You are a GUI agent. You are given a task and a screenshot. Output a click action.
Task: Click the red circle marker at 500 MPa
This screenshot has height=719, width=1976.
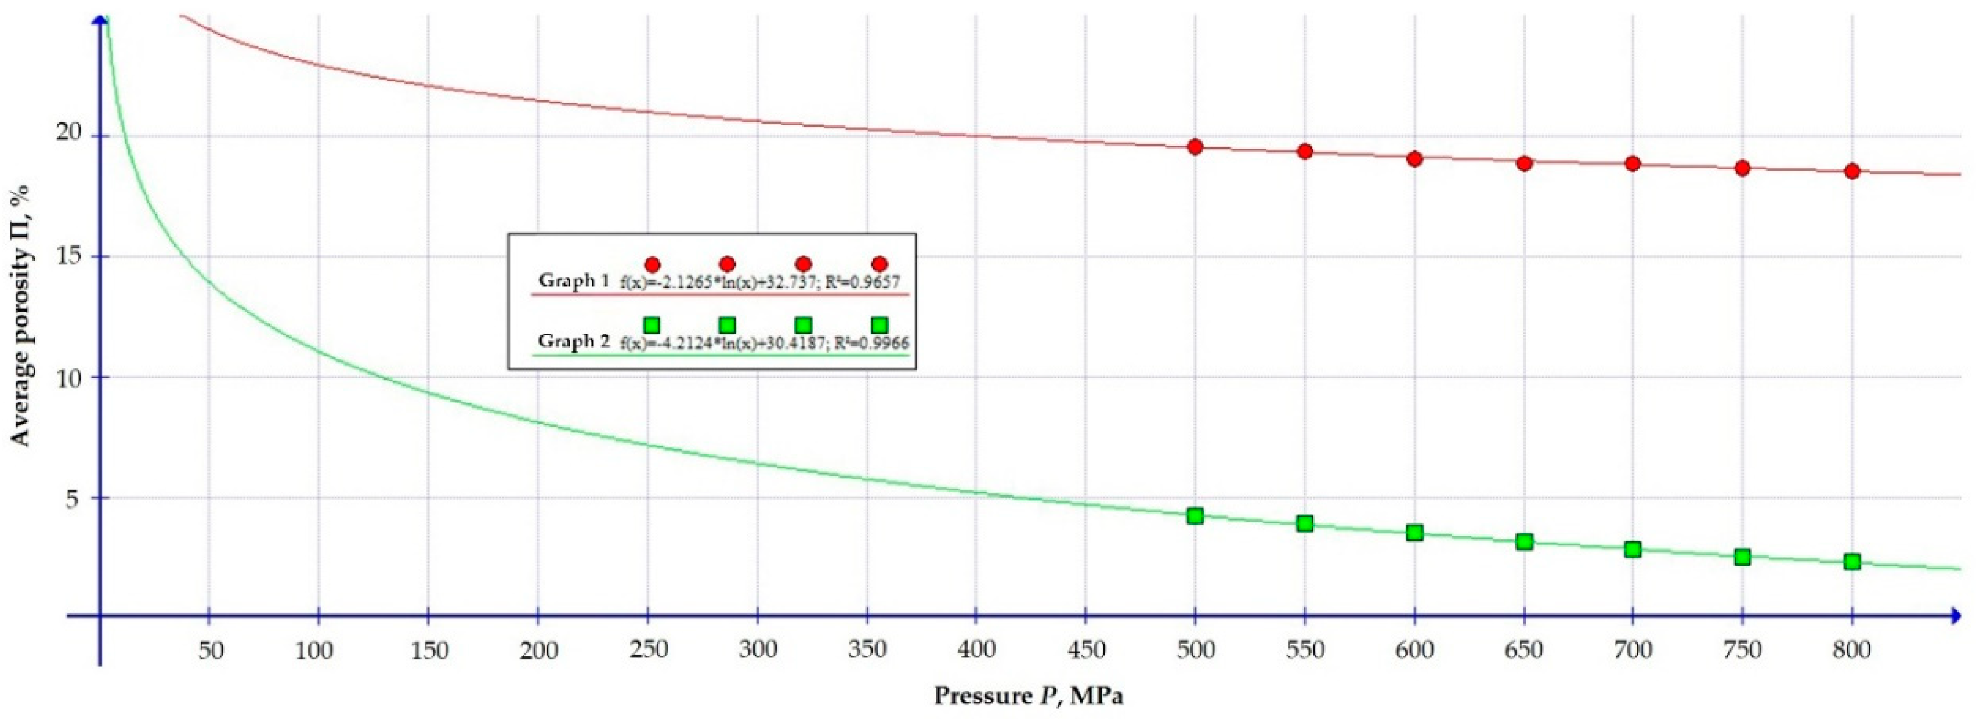click(x=1195, y=147)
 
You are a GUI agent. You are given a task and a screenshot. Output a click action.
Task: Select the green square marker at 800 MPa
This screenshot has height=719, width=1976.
click(x=1852, y=561)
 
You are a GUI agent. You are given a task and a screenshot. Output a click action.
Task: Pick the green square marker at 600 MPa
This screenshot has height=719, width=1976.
click(x=1414, y=533)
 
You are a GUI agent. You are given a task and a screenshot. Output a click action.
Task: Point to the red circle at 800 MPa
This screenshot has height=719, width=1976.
click(x=1852, y=171)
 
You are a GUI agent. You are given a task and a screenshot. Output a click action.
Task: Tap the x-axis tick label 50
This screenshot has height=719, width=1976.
click(x=210, y=651)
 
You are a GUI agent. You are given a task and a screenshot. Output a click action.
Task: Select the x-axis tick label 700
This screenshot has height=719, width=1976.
click(x=1633, y=651)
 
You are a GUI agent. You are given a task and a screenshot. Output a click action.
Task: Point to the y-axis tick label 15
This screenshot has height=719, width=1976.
click(x=68, y=256)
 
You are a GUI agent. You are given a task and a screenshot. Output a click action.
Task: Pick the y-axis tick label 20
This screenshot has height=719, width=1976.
click(x=68, y=133)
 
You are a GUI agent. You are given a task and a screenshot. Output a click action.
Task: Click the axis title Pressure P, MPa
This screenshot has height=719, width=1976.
click(x=1028, y=696)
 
